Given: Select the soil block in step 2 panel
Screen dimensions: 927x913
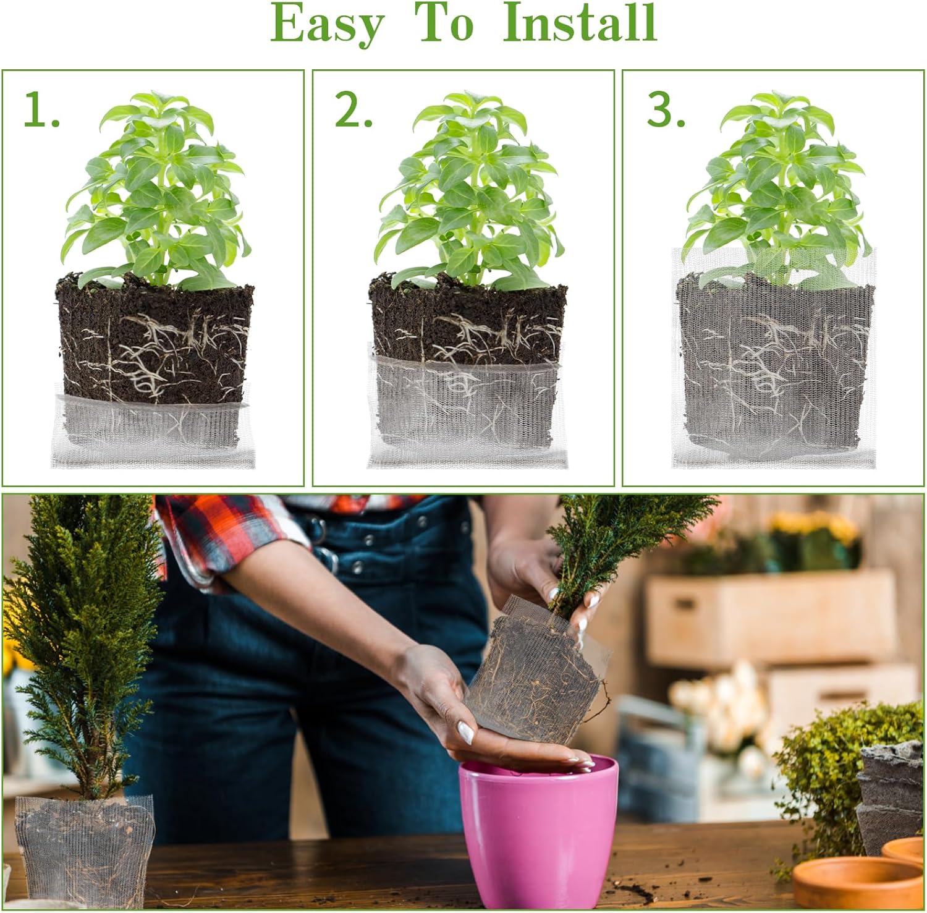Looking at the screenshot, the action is click(x=468, y=321).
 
